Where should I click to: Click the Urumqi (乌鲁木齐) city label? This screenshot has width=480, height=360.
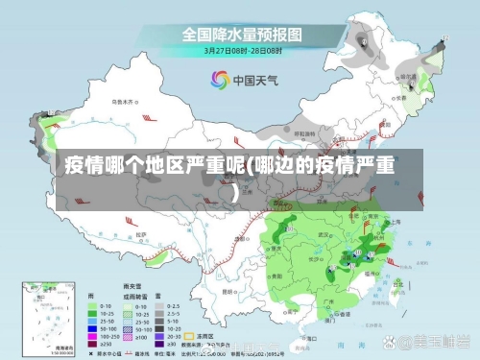pos(122,100)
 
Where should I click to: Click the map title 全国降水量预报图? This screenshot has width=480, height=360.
pos(242,35)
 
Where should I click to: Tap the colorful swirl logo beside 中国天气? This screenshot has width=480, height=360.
pos(220,81)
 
